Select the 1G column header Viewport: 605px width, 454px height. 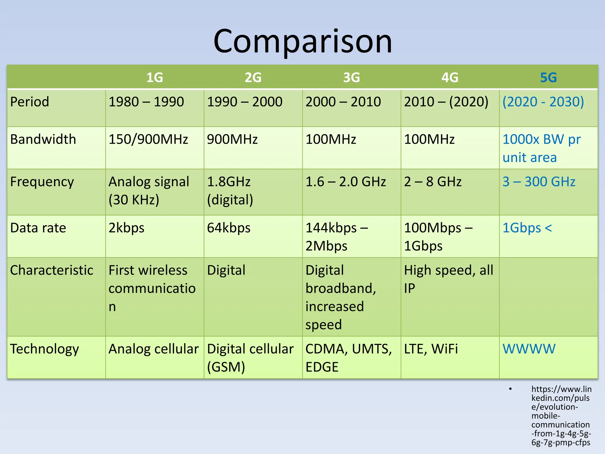coord(154,77)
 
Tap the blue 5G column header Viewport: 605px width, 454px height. coord(548,77)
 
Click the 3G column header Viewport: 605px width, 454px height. coord(351,77)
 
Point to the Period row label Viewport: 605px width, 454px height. coord(30,102)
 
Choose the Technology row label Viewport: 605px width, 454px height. coord(44,349)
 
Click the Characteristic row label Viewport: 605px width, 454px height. coord(52,270)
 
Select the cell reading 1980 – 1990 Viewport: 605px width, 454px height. coord(146,102)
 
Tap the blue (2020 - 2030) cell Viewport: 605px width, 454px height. coord(543,102)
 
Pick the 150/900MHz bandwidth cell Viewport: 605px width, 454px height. coord(148,139)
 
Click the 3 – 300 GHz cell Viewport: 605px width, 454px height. coord(539,181)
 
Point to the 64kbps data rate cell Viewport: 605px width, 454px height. coord(229,228)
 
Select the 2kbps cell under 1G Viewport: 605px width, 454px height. coord(126,228)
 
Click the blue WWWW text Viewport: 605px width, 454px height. coord(529,349)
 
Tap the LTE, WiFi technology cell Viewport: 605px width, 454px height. coord(431,349)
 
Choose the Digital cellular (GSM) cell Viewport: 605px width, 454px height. coord(250,358)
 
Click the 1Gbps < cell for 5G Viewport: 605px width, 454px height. coord(527,228)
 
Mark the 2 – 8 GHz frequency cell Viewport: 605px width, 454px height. coord(432,181)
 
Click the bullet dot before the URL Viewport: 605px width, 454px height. coord(510,389)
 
